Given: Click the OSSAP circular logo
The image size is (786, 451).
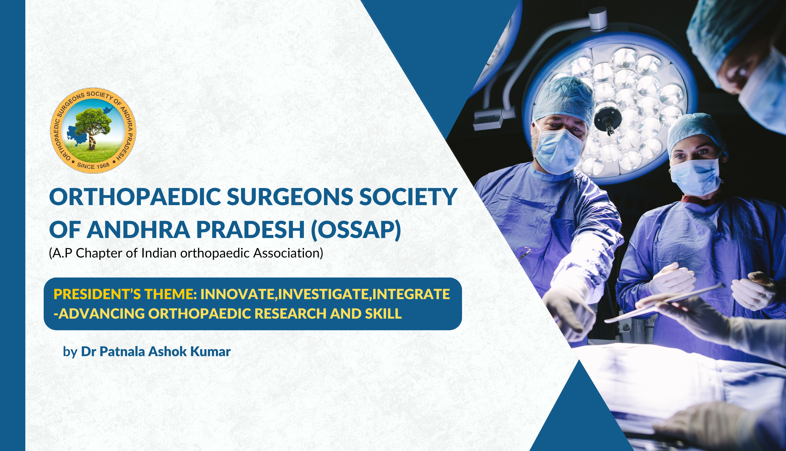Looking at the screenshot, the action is click(x=93, y=130).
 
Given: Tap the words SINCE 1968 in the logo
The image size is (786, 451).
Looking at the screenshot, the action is click(x=93, y=166).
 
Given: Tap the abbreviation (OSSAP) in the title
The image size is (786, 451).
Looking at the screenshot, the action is click(x=356, y=230).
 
